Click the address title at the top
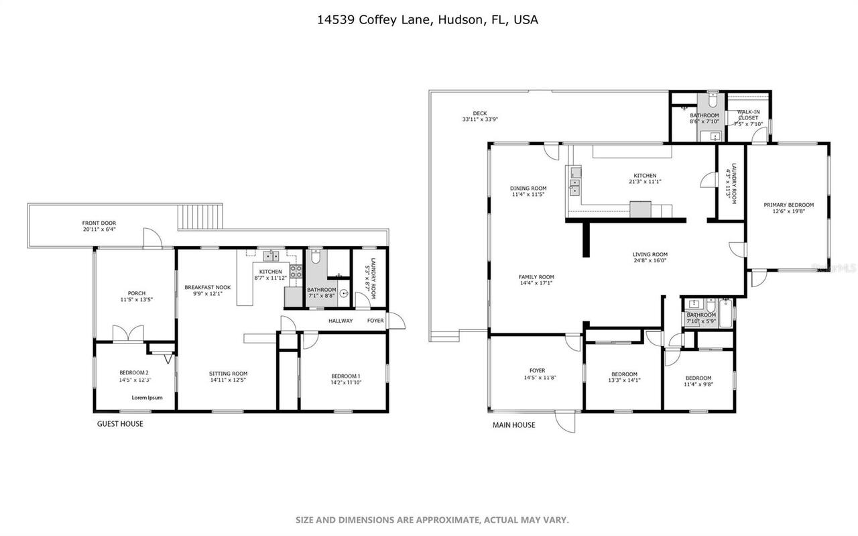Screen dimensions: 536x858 tap(428, 20)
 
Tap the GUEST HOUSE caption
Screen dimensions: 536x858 tap(120, 424)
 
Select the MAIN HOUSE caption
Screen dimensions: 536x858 tap(514, 425)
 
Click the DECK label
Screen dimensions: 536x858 tap(479, 113)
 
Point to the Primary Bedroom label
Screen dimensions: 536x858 tap(788, 205)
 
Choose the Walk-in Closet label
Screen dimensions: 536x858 tap(748, 115)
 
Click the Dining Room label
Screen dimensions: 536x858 tap(528, 189)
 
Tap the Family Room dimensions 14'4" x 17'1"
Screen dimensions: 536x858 tap(536, 283)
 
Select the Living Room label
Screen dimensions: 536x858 tap(650, 254)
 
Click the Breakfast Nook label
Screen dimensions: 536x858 tap(207, 287)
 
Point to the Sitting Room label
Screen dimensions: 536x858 tap(228, 374)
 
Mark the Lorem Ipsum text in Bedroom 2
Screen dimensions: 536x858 tap(147, 397)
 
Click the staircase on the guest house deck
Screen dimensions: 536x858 tap(199, 217)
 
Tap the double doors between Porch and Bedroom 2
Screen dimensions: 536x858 tap(129, 334)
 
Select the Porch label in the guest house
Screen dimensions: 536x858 tap(137, 293)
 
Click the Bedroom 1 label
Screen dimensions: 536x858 tap(346, 376)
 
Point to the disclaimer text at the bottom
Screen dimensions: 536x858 tap(432, 520)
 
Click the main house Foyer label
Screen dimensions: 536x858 tap(537, 370)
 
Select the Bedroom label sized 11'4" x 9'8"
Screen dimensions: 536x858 tap(698, 378)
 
